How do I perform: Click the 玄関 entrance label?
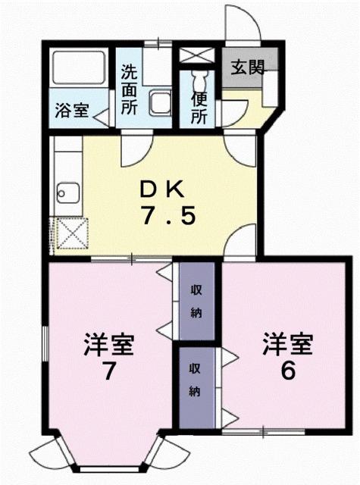click(x=248, y=66)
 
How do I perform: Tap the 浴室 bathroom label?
click(x=71, y=110)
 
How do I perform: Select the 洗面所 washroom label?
click(x=130, y=88)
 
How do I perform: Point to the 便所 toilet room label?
click(x=199, y=108)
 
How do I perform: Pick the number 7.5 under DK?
click(x=168, y=217)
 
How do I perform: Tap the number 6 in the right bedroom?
click(x=287, y=372)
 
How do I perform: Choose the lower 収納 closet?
click(x=195, y=383)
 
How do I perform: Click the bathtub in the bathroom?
click(x=79, y=69)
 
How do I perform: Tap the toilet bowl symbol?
click(x=200, y=79)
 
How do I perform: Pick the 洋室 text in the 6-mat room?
click(x=288, y=344)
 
